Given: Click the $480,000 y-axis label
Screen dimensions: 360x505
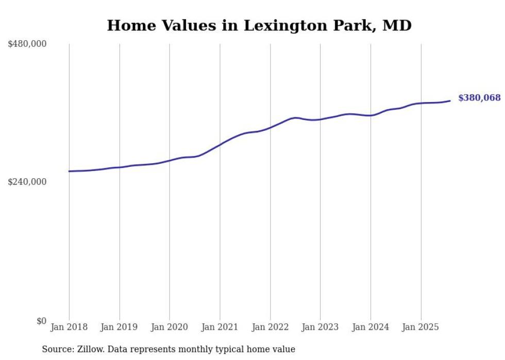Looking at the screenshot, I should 27,44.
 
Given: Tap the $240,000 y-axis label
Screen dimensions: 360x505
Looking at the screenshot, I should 27,182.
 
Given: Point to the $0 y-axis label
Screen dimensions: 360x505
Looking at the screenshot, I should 41,321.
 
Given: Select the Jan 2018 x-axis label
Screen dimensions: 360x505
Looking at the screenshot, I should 69,327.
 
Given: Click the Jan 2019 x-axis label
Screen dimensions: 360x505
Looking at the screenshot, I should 120,327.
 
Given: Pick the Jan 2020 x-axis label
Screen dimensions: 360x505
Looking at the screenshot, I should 170,327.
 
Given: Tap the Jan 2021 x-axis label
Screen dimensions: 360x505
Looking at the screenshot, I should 220,327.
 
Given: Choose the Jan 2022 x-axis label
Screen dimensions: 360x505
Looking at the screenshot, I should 270,327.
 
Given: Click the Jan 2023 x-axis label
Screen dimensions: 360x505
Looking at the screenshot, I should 321,327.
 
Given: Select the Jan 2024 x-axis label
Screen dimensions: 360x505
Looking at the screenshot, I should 371,327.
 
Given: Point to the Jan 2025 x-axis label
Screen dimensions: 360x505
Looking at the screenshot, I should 421,327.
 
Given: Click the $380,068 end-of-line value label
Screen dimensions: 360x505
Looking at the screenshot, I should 479,98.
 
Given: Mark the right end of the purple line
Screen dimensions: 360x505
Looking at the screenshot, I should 450,100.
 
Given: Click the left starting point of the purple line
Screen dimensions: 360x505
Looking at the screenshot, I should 69,171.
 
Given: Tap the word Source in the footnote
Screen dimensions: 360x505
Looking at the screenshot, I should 56,349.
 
